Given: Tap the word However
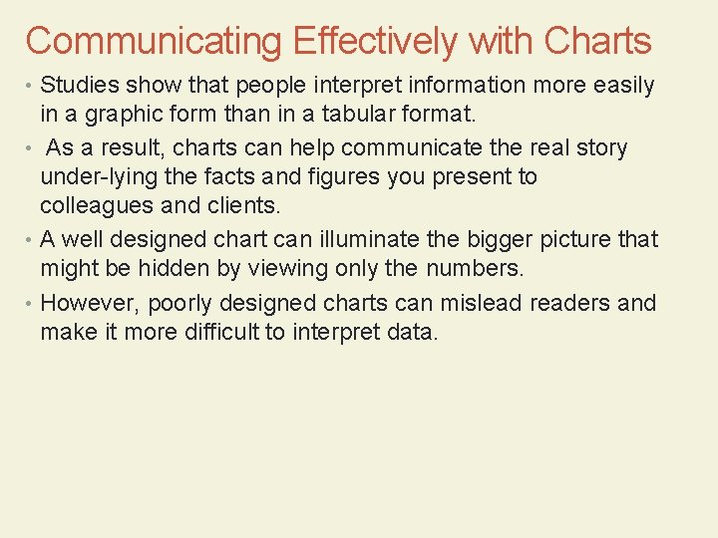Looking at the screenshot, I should (91, 302).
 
